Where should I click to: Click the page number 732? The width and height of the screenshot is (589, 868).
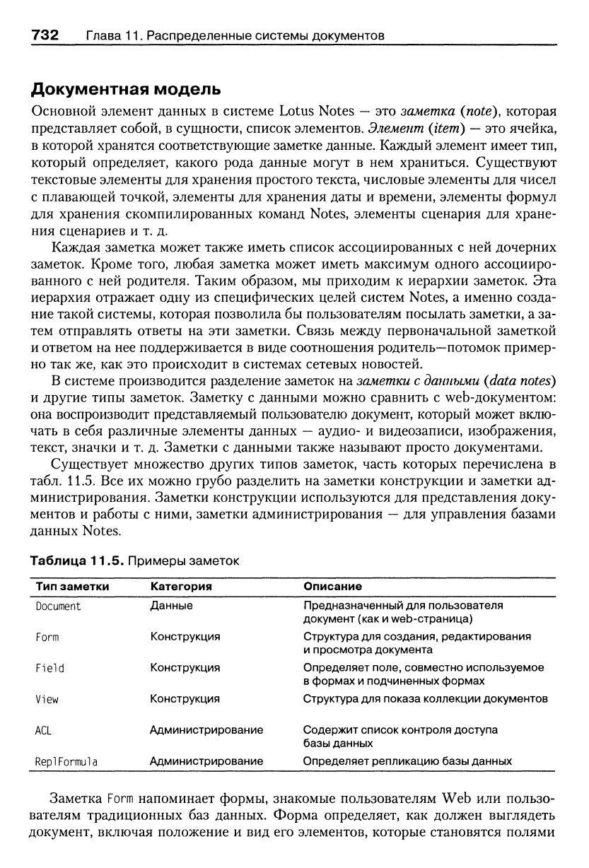coord(44,34)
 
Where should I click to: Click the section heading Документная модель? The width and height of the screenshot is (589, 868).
coord(125,90)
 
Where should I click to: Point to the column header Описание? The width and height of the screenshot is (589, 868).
coord(332,587)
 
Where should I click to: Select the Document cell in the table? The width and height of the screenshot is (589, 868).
coord(58,606)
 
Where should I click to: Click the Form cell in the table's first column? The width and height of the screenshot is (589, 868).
coord(47,637)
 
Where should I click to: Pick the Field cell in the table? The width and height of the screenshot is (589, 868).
coord(49,667)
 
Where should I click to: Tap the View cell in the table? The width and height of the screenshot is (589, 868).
coord(47,699)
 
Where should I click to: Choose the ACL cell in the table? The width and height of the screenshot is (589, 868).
coord(44,729)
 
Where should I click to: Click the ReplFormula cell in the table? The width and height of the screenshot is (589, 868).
coord(66,761)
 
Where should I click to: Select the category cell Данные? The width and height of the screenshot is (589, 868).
coord(171,606)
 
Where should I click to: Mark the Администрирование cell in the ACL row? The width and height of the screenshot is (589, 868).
coord(206,729)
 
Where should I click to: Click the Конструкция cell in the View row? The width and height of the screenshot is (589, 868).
coord(185,699)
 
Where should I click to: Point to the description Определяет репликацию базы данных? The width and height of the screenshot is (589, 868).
coord(407,761)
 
